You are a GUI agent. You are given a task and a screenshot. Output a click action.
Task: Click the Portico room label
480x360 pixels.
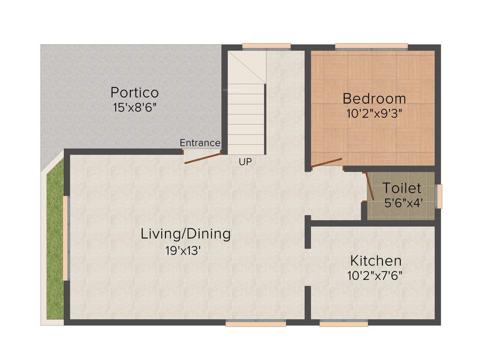pyautogui.click(x=135, y=92)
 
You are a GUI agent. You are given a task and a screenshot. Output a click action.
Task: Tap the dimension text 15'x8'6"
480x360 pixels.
pyautogui.click(x=135, y=107)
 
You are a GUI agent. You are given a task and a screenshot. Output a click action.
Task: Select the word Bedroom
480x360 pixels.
pyautogui.click(x=374, y=98)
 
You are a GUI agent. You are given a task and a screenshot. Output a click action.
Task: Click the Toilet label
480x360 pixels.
pyautogui.click(x=402, y=188)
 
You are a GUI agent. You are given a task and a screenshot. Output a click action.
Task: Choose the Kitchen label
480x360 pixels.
pyautogui.click(x=376, y=261)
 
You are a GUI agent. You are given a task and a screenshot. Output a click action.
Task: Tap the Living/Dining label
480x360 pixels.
pyautogui.click(x=186, y=233)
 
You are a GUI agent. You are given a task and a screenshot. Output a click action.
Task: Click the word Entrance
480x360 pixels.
pyautogui.click(x=200, y=142)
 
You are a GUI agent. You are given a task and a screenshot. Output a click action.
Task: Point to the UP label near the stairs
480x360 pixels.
pyautogui.click(x=245, y=162)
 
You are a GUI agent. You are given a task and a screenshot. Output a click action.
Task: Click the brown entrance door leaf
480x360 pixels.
pyautogui.click(x=202, y=157)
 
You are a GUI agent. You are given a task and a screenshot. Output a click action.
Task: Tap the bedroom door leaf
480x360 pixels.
pyautogui.click(x=327, y=162)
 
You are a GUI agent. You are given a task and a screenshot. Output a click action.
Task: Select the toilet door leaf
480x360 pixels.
pyautogui.click(x=369, y=186)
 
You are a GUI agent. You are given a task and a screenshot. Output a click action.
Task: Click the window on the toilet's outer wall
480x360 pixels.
pyautogui.click(x=439, y=196)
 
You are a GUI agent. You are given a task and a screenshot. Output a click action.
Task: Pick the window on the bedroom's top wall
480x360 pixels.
pyautogui.click(x=371, y=46)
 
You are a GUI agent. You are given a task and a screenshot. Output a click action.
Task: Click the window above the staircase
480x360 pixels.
pyautogui.click(x=266, y=46)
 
